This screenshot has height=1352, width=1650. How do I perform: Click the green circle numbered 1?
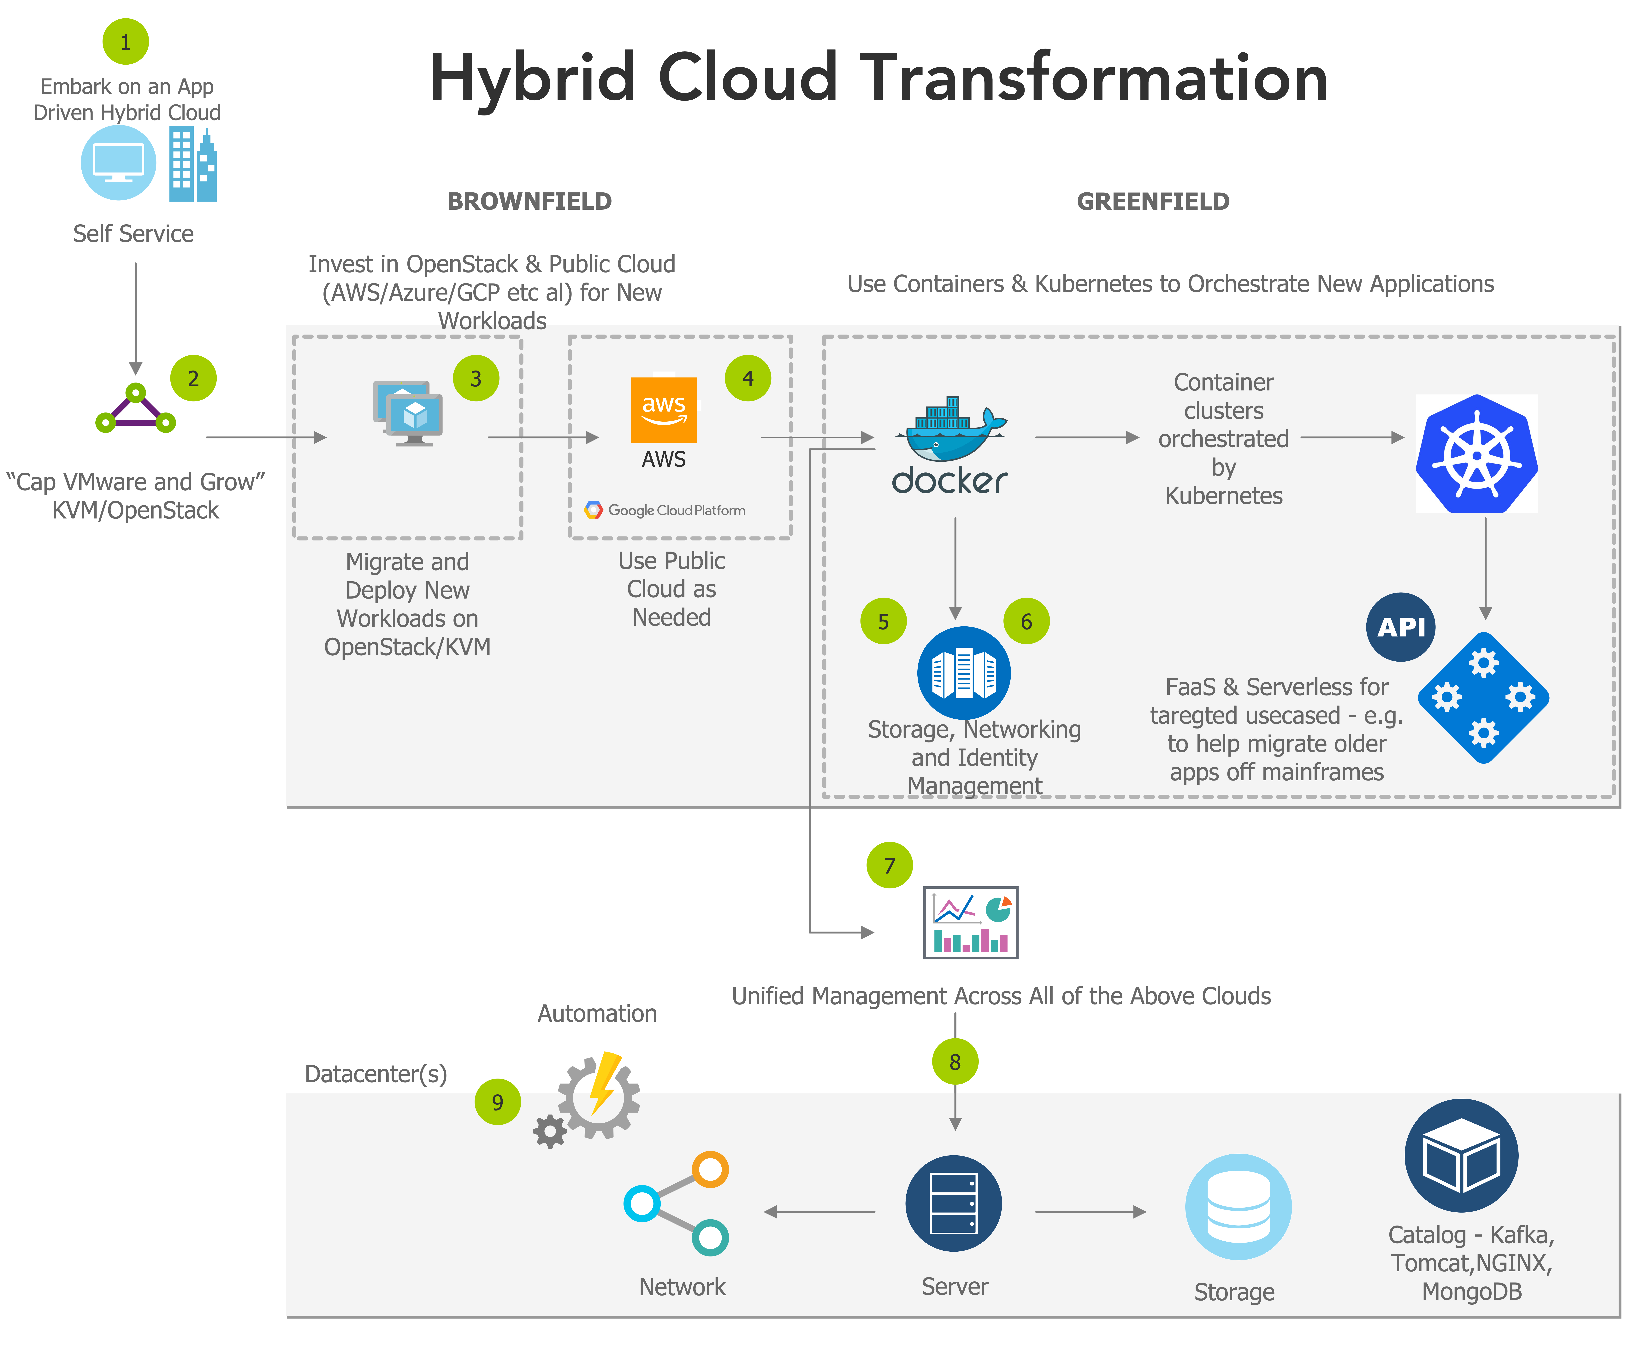point(125,42)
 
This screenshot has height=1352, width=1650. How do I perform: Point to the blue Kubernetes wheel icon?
point(1476,454)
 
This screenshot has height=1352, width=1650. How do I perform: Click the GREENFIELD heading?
point(1153,202)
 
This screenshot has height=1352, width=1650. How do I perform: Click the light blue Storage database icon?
point(1238,1206)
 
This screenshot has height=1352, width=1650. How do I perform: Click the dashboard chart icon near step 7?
point(971,923)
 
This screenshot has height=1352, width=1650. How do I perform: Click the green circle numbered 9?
point(497,1102)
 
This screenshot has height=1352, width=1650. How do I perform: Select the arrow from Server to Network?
point(819,1212)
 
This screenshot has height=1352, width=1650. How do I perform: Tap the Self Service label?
point(133,234)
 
